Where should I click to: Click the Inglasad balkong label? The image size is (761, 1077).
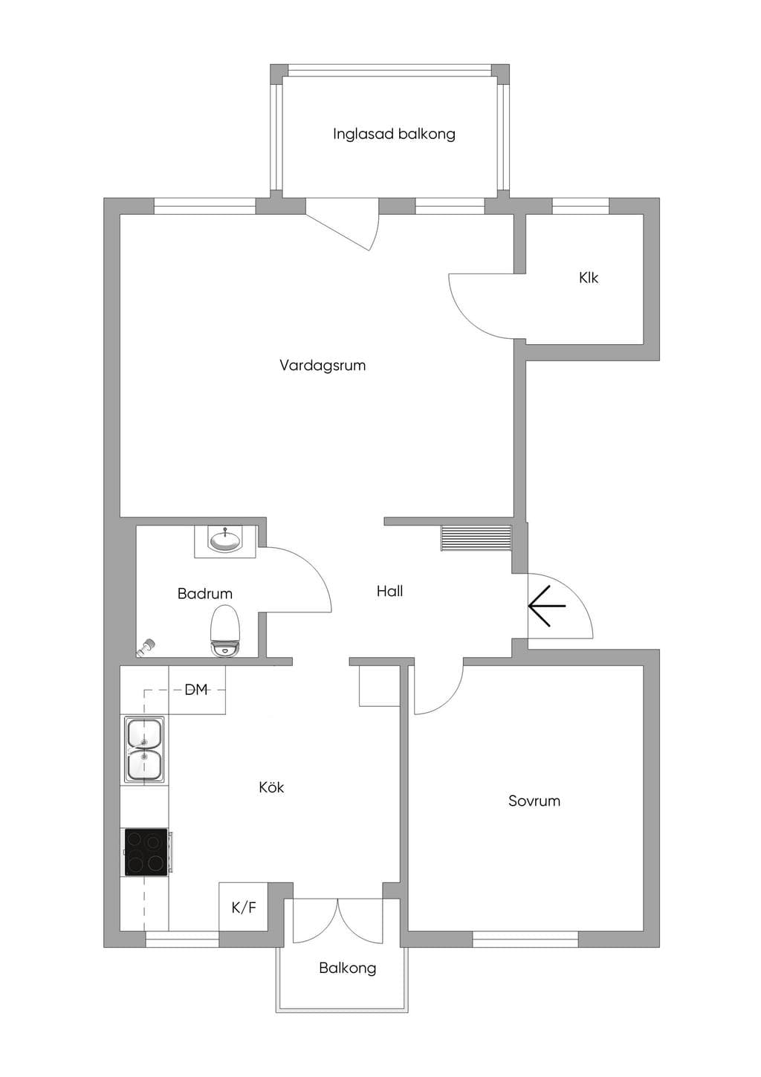click(394, 134)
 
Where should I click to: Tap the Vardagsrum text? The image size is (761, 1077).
click(323, 366)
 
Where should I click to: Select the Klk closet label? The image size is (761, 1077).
click(589, 278)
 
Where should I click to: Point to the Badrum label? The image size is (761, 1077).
click(205, 594)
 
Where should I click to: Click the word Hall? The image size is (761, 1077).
click(390, 591)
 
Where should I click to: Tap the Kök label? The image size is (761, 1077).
click(271, 787)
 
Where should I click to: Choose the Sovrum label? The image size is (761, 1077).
click(534, 801)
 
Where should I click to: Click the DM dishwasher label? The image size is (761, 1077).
click(196, 690)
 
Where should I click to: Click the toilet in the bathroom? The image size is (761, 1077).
click(225, 631)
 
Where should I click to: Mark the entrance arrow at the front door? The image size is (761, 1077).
click(547, 606)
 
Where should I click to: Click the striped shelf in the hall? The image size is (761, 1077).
click(476, 538)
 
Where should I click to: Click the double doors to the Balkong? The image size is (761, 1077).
click(338, 920)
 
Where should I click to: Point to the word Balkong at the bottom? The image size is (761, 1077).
click(347, 968)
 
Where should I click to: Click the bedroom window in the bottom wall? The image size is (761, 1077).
click(525, 939)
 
